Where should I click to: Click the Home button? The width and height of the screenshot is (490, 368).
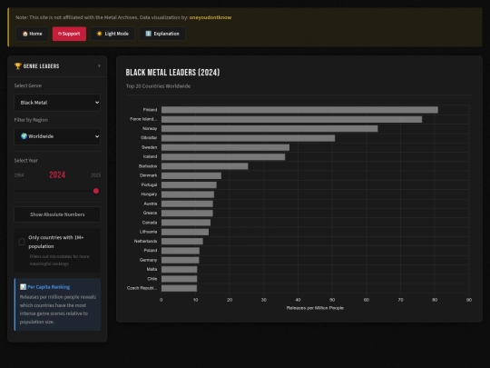(x=32, y=34)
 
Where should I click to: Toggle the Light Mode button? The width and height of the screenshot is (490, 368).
(x=113, y=34)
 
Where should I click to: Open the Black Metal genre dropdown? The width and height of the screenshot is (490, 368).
(x=57, y=103)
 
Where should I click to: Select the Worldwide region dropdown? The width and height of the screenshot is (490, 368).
(x=57, y=136)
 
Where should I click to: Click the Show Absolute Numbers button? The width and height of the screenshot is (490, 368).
(x=57, y=214)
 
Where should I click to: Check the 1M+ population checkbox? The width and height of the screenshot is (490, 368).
(x=22, y=242)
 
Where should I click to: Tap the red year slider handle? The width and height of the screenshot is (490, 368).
(x=96, y=191)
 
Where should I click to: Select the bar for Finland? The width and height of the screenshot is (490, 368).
(x=299, y=110)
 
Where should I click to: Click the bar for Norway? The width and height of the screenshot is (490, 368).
(x=269, y=128)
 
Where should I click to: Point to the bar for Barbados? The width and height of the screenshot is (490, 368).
(x=204, y=166)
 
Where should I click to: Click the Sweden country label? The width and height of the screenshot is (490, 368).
(x=149, y=147)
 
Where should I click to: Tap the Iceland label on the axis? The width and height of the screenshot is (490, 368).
(x=150, y=156)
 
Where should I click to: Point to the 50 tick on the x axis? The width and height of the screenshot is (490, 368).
(x=332, y=299)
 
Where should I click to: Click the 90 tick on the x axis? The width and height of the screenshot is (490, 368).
(x=469, y=299)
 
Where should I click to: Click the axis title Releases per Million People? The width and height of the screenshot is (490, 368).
(x=315, y=308)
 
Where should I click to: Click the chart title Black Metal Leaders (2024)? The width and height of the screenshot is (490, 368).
(x=172, y=73)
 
